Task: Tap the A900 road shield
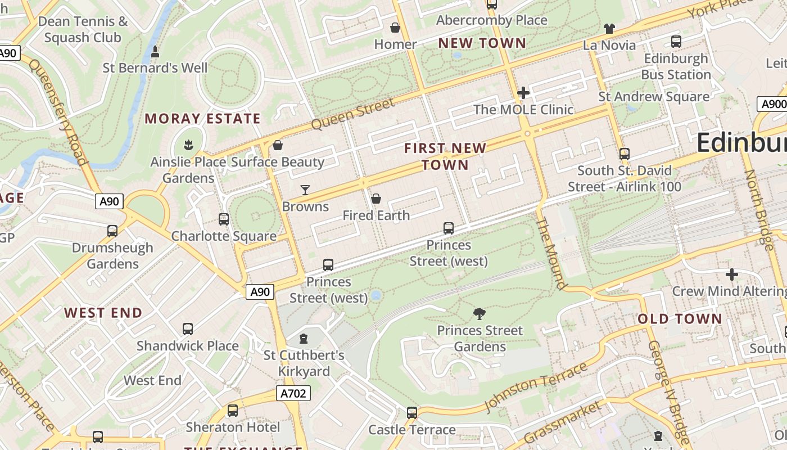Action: click(773, 104)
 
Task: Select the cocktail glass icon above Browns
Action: click(305, 190)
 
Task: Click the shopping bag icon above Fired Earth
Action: click(376, 199)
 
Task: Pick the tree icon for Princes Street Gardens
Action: click(480, 313)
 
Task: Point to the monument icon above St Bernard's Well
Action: click(155, 52)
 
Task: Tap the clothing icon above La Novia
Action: click(609, 28)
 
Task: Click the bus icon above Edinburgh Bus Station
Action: click(676, 42)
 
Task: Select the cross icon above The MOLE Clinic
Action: click(523, 93)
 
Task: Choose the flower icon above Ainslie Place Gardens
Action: click(188, 145)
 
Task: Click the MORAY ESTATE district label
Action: click(202, 119)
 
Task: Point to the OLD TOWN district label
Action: click(679, 319)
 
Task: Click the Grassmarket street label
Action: click(562, 421)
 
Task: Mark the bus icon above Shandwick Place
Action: click(188, 329)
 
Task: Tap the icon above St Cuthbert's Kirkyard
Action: click(304, 339)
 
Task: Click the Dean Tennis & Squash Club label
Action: click(83, 30)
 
